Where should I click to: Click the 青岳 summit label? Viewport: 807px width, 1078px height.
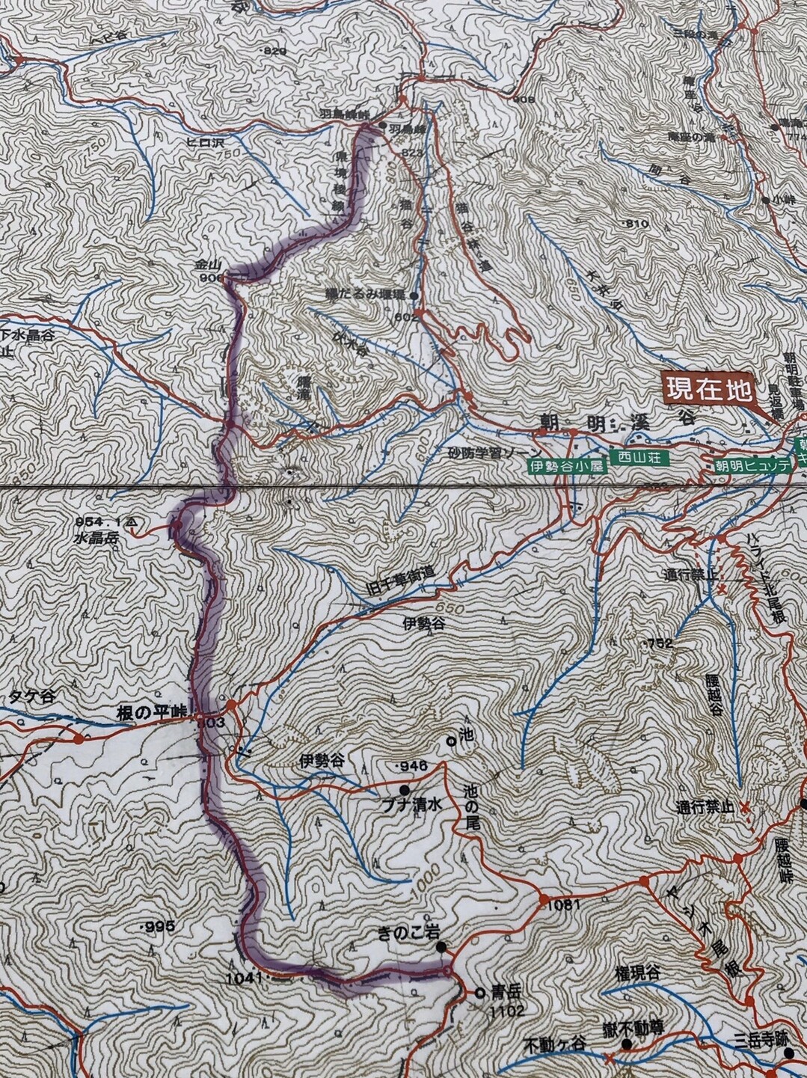coord(504,994)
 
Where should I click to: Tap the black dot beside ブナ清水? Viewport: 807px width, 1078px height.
coord(405,789)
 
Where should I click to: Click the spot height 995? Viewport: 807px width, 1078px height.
coord(159,927)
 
